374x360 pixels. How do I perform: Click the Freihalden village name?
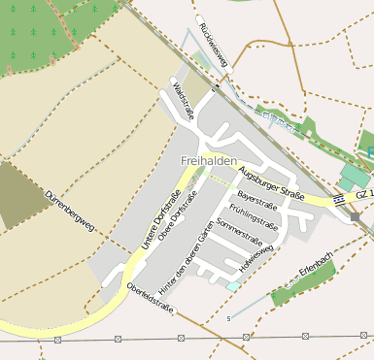coord(209,160)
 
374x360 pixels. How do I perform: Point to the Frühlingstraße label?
coord(255,217)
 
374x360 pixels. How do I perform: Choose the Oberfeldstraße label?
coord(150,298)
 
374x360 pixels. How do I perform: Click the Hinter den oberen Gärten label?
coord(185,249)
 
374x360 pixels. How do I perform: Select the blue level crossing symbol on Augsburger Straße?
coord(338,199)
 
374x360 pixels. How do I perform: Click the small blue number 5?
coord(229,318)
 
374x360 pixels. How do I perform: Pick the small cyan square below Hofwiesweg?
coord(231,286)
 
